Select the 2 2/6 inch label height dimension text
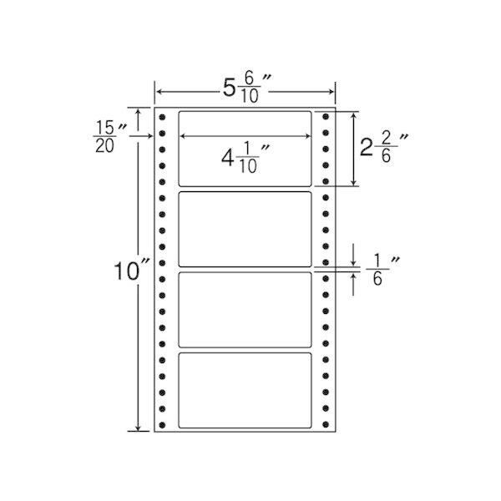tap(384, 148)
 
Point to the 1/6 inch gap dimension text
tap(382, 270)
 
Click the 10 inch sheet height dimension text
tap(132, 271)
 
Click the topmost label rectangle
tap(245, 149)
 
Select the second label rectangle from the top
tap(245, 229)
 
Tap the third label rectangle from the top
tap(245, 310)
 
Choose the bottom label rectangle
tap(245, 390)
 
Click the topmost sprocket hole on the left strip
tap(162, 117)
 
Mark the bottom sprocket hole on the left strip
tap(162, 425)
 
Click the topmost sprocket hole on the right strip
tap(326, 116)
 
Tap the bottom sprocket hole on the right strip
tap(326, 424)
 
